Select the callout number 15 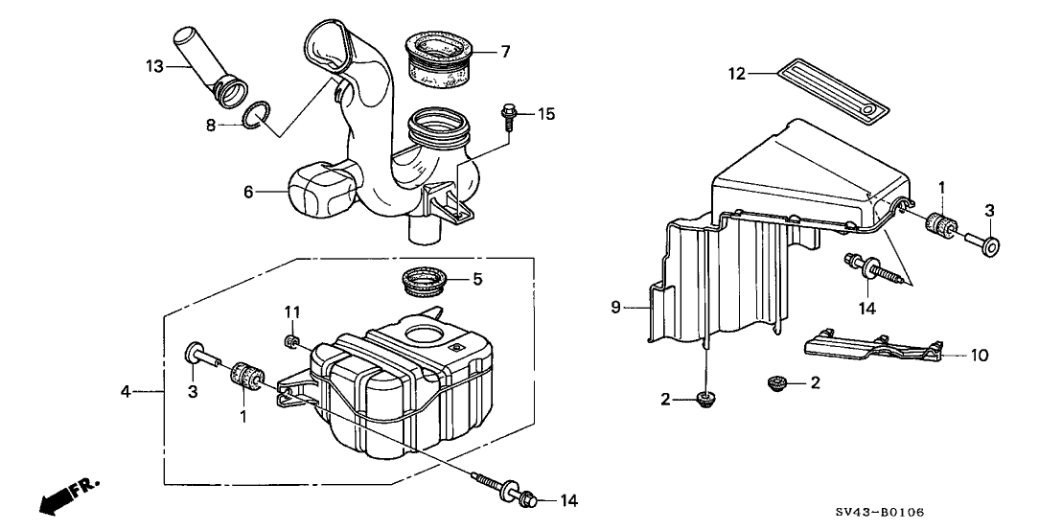[x=545, y=115]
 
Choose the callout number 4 [x=126, y=391]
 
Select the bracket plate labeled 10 [x=872, y=348]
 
